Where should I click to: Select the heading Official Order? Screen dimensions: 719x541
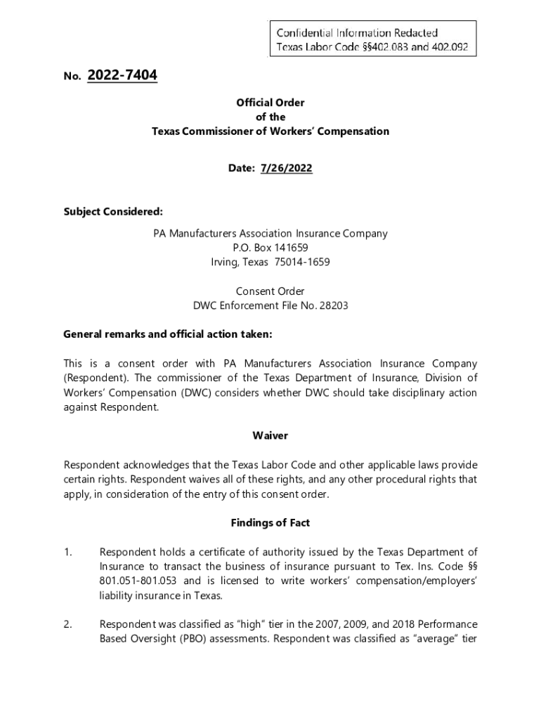pyautogui.click(x=270, y=103)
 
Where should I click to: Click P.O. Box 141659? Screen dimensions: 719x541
pyautogui.click(x=270, y=248)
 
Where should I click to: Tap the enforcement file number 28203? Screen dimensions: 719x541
pyautogui.click(x=335, y=305)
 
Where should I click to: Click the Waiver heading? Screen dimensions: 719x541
pyautogui.click(x=270, y=435)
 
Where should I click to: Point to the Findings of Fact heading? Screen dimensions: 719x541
pyautogui.click(x=270, y=522)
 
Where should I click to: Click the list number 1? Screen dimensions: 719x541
pyautogui.click(x=68, y=553)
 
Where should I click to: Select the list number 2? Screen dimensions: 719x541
pyautogui.click(x=68, y=624)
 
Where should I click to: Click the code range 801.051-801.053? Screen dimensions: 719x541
pyautogui.click(x=139, y=581)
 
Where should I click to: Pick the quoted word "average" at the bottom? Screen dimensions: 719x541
pyautogui.click(x=431, y=639)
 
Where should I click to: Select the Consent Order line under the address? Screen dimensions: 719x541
pyautogui.click(x=270, y=291)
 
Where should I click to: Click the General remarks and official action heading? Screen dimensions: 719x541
pyautogui.click(x=167, y=334)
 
